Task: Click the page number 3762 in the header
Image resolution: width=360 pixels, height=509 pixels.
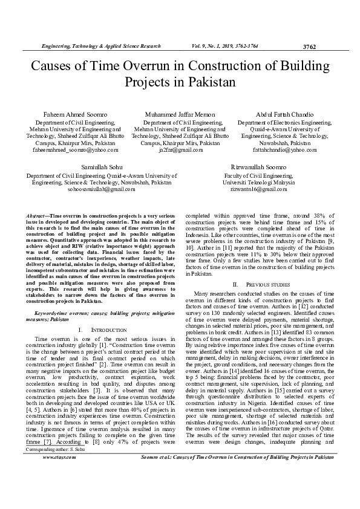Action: (309, 47)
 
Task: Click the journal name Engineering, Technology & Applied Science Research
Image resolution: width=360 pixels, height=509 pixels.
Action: (100, 46)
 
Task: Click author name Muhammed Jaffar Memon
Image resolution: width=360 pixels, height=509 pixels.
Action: (180, 115)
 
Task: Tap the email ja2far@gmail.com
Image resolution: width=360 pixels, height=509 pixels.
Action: (180, 150)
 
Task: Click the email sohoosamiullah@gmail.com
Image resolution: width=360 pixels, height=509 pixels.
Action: (101, 189)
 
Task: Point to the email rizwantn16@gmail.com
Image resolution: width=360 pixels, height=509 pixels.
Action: (258, 189)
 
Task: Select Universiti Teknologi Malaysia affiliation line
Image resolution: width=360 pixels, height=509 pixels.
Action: (258, 181)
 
